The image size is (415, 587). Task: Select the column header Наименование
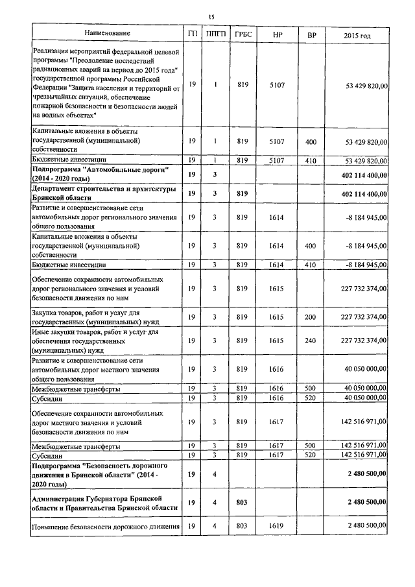click(107, 33)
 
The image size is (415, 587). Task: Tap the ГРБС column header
click(243, 33)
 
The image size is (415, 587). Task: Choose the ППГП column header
click(214, 33)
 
